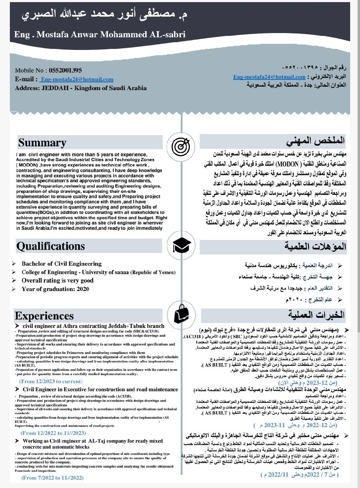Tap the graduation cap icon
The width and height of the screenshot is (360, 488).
click(x=182, y=245)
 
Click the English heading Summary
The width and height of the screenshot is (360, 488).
click(x=42, y=142)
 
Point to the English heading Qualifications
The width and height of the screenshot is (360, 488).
click(x=51, y=246)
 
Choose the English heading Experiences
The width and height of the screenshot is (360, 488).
click(x=44, y=316)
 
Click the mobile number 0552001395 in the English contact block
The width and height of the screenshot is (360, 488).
click(x=65, y=70)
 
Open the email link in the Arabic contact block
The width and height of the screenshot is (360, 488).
click(x=269, y=77)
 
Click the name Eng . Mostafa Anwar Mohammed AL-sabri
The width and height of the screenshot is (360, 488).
click(x=99, y=34)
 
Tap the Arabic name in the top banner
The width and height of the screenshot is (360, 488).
click(x=104, y=15)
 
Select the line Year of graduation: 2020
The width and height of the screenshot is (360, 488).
click(x=55, y=289)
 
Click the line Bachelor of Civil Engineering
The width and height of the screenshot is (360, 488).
click(x=62, y=264)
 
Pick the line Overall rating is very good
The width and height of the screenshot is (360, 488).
click(x=57, y=280)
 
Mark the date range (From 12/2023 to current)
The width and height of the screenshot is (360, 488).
click(x=51, y=381)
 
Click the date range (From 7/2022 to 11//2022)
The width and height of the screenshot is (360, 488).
click(x=52, y=477)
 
